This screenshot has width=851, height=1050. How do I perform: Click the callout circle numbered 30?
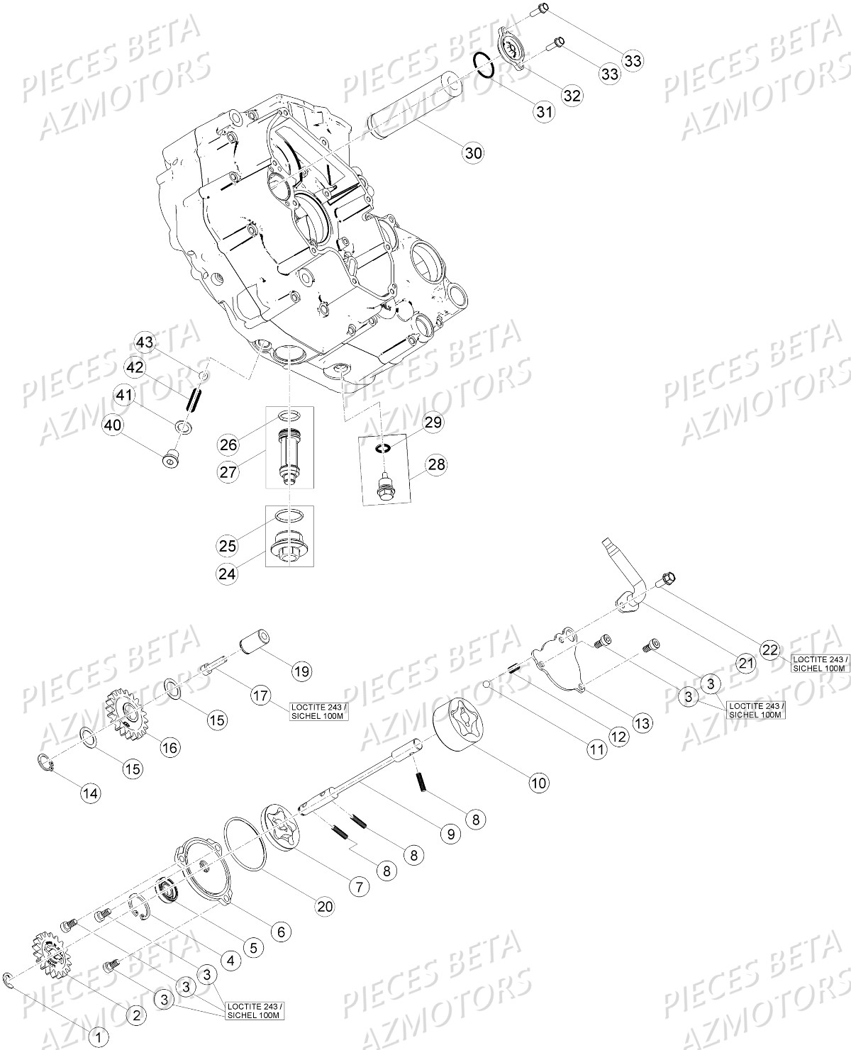474,152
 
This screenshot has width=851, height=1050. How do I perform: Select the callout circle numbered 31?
543,111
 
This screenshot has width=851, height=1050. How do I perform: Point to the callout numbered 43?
145,342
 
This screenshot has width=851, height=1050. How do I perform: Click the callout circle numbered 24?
227,574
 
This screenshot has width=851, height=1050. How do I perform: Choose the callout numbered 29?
433,423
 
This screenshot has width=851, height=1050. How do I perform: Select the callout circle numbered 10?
538,783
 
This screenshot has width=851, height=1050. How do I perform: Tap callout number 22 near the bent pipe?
770,649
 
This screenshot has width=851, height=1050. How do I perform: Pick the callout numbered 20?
325,906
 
